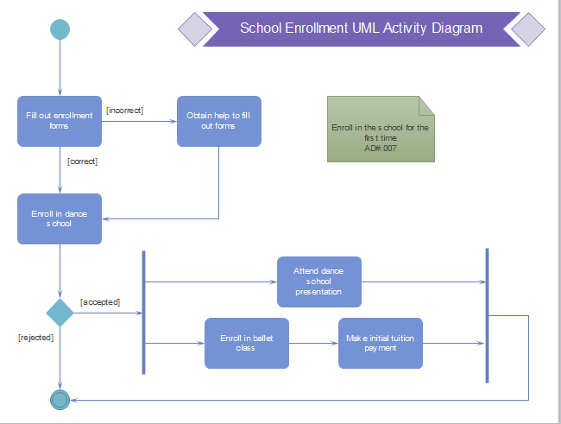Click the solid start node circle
click(60, 28)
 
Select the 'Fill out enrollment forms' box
click(60, 121)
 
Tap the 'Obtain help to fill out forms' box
click(218, 121)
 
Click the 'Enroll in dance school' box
click(60, 218)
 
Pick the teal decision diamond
click(60, 313)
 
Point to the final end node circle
click(60, 399)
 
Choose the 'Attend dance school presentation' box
click(318, 282)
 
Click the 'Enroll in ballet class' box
click(246, 343)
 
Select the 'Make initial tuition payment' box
click(380, 343)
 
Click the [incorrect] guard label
click(124, 110)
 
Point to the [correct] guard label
click(82, 161)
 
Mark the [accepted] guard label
click(100, 301)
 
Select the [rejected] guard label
click(35, 338)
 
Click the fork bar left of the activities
click(143, 312)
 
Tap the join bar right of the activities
click(487, 315)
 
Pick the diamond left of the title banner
click(195, 28)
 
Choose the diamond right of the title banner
click(528, 28)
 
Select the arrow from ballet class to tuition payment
click(312, 343)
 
